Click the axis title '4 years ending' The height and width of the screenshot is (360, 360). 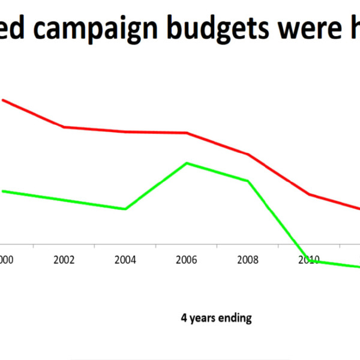coord(216,318)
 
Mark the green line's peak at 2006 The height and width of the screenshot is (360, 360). coord(187,163)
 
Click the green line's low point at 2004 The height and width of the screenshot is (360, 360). coord(125,209)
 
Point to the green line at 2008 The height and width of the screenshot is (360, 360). coord(248,181)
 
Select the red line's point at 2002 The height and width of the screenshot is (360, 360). coord(64,127)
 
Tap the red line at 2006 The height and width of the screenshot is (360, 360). coord(187,133)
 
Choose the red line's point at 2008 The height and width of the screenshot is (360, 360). coord(248,154)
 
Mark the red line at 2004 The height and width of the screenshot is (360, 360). coord(125,131)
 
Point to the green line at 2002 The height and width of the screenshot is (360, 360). coord(64,200)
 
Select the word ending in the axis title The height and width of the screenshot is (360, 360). coord(236,318)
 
